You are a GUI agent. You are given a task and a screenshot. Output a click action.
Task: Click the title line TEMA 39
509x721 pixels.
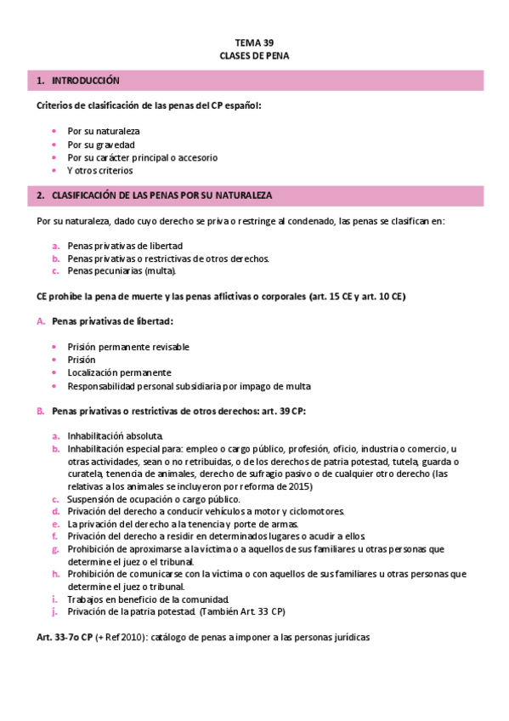(x=254, y=42)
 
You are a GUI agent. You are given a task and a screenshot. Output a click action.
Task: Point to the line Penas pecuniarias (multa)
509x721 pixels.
(x=122, y=271)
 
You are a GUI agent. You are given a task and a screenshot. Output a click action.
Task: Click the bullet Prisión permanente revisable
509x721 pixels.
(x=128, y=347)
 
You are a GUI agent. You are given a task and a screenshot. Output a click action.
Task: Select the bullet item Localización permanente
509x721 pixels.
(x=119, y=372)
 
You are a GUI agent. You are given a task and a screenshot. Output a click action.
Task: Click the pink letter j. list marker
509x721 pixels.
(x=54, y=612)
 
